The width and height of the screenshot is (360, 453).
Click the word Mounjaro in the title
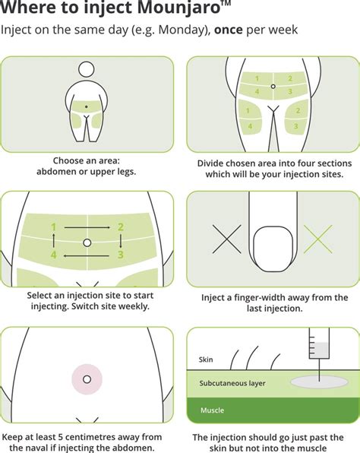point(178,8)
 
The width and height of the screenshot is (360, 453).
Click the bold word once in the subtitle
point(228,30)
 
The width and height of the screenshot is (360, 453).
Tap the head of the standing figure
point(86,69)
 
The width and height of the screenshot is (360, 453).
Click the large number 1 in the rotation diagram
point(53,227)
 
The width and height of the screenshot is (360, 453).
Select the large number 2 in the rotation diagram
point(121,227)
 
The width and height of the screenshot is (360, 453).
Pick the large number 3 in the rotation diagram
point(121,255)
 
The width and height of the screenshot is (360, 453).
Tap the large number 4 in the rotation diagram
point(53,255)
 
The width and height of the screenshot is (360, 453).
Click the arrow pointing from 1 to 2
point(87,228)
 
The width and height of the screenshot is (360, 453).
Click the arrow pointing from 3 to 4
point(87,255)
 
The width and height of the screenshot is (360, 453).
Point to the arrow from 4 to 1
point(53,241)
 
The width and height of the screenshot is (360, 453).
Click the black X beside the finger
point(226,239)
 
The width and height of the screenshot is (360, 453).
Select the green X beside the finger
point(318,239)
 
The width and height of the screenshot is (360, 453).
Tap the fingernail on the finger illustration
point(273,249)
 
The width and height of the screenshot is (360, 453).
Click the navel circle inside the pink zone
point(87,379)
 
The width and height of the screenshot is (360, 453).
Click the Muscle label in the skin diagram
point(212,410)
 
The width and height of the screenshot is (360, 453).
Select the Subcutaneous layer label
point(232,383)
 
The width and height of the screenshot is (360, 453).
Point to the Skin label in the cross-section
point(206,360)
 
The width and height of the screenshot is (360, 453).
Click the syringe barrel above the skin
point(319,344)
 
